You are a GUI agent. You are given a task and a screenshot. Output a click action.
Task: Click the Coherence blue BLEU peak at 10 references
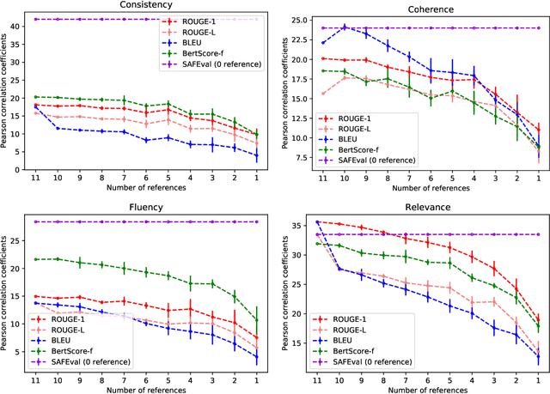[x=345, y=27]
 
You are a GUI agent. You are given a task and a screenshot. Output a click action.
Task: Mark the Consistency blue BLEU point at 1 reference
[x=257, y=155]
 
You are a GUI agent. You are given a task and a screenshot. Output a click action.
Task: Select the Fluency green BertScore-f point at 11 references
[x=35, y=259]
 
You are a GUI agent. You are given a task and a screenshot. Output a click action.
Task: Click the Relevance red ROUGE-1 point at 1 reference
[x=538, y=318]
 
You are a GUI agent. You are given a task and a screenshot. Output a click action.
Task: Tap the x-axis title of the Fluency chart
[x=146, y=387]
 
